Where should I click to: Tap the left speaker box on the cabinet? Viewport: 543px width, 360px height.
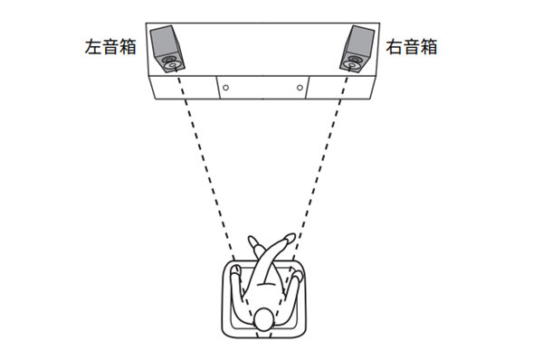tap(166, 50)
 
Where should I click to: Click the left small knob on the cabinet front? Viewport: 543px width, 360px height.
tap(225, 89)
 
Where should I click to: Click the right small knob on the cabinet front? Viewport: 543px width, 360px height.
tap(299, 89)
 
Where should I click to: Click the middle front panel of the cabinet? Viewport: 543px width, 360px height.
tap(262, 89)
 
